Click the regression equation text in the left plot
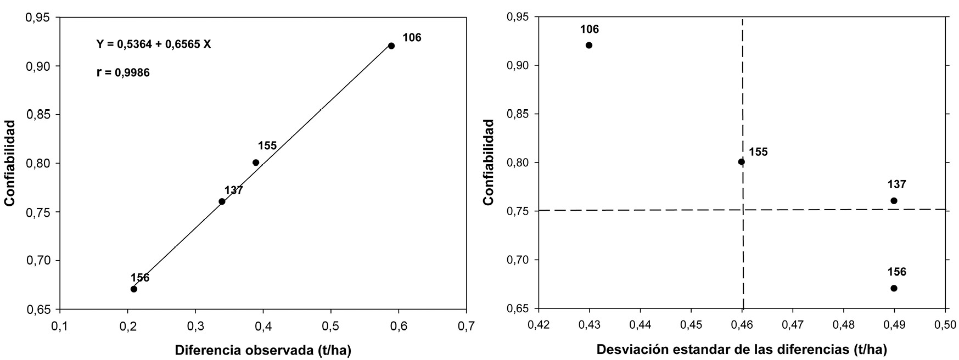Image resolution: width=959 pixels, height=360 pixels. tap(154, 44)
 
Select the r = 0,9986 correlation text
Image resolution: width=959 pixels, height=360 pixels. tap(123, 72)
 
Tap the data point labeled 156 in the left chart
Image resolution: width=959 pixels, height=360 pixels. tap(134, 289)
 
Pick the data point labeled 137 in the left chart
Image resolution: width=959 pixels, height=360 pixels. tap(222, 201)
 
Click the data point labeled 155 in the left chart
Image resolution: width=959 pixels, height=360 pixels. tap(256, 162)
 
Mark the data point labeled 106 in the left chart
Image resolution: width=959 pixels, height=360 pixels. tap(391, 46)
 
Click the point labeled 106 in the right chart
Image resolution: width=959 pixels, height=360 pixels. tap(589, 45)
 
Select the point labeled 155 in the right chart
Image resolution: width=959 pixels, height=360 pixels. tap(742, 162)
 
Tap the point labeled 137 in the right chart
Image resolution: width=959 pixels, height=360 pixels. tap(894, 201)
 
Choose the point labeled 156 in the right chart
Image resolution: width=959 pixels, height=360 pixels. tap(894, 288)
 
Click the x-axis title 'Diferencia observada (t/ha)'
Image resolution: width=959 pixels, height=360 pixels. tap(263, 350)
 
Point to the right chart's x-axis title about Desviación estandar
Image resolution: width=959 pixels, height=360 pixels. tap(742, 350)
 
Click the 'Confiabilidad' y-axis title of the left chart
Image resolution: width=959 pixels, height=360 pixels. tap(9, 163)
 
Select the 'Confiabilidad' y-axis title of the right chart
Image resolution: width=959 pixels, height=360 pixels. tap(489, 163)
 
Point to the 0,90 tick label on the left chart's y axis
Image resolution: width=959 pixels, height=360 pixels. tap(38, 66)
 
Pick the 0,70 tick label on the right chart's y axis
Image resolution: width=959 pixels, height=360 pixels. tap(517, 260)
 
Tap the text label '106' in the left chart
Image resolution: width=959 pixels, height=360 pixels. tap(412, 38)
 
